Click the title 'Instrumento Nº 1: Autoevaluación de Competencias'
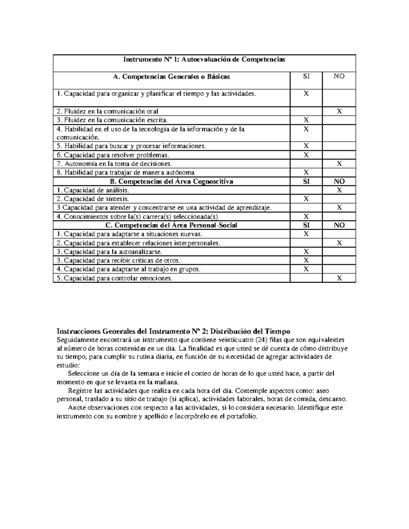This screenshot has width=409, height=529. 204,60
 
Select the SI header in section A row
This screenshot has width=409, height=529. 306,77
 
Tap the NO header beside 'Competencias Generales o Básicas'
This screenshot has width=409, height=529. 339,77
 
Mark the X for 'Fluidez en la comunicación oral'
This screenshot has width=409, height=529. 339,111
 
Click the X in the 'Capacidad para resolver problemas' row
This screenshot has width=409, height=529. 306,155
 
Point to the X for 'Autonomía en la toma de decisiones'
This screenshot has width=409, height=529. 339,164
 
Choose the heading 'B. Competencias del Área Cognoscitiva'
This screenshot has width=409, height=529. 171,182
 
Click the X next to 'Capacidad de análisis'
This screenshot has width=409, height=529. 339,190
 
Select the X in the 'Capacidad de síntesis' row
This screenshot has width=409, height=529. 306,199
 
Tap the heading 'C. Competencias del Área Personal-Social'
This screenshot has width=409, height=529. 171,225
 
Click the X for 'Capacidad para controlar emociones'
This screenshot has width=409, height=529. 339,278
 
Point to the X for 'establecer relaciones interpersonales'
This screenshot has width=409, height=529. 339,243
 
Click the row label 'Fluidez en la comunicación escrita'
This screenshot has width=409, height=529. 112,120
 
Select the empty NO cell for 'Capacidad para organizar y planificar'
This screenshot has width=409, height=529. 339,98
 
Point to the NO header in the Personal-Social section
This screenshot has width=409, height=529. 339,225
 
